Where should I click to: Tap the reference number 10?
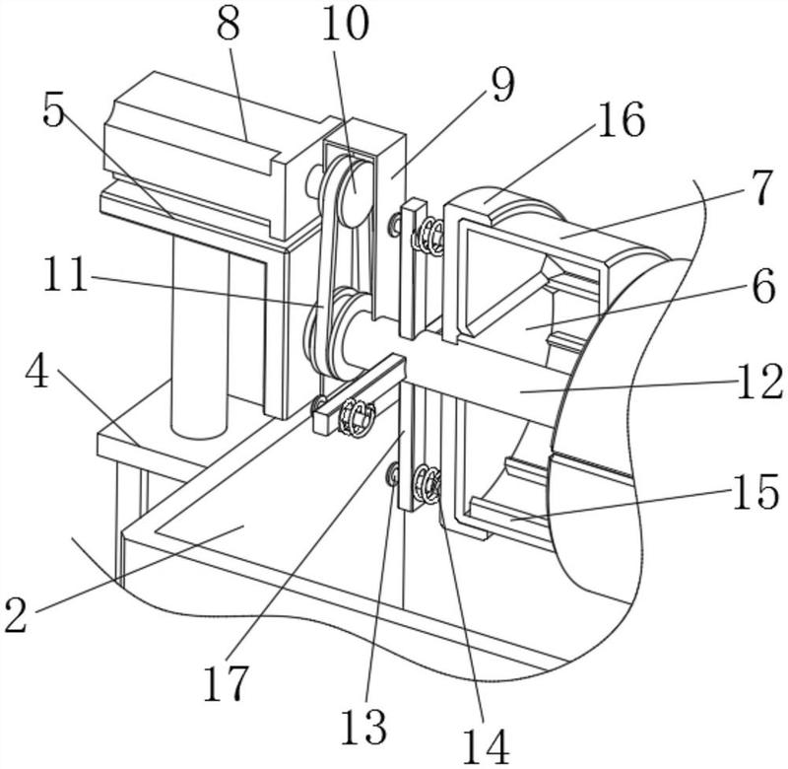point(346,24)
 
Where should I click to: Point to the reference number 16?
point(622,119)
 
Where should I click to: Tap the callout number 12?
point(759,382)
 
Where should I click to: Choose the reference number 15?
point(755,491)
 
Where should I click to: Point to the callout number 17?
point(227,683)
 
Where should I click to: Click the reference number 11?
point(65,274)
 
